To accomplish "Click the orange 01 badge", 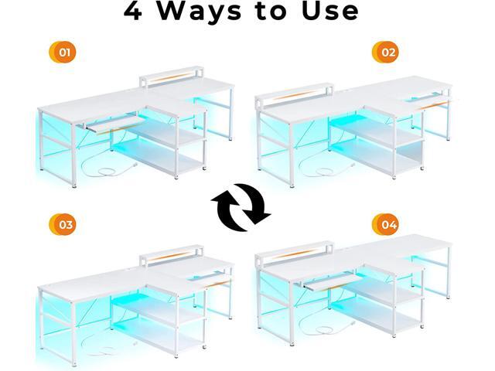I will pyautogui.click(x=63, y=53).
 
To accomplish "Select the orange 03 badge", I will pyautogui.click(x=63, y=225).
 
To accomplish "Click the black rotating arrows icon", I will pyautogui.click(x=241, y=206).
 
